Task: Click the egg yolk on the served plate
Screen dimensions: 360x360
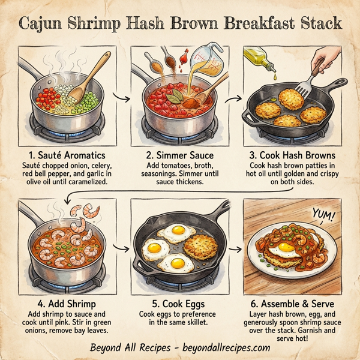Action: [286, 247]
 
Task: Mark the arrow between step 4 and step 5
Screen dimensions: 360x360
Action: [123, 246]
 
